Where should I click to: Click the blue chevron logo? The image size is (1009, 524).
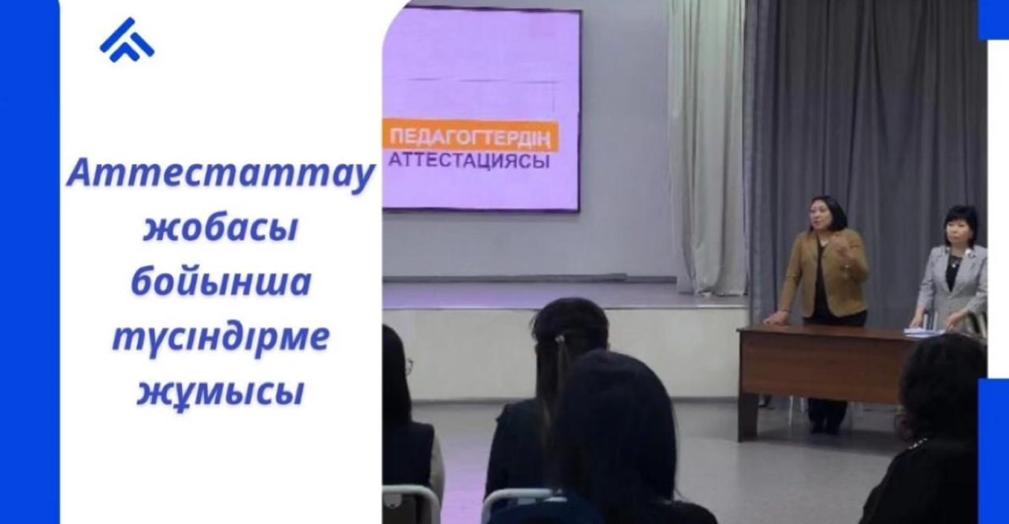click(127, 39)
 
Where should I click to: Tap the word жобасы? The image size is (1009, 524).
click(221, 228)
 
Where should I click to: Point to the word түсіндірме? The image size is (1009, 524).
click(221, 336)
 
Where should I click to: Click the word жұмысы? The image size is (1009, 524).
click(221, 391)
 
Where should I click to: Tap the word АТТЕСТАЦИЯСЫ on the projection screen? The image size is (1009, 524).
click(468, 160)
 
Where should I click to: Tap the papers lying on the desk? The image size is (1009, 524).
click(923, 332)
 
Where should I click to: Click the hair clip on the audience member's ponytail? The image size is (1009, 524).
click(560, 339)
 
